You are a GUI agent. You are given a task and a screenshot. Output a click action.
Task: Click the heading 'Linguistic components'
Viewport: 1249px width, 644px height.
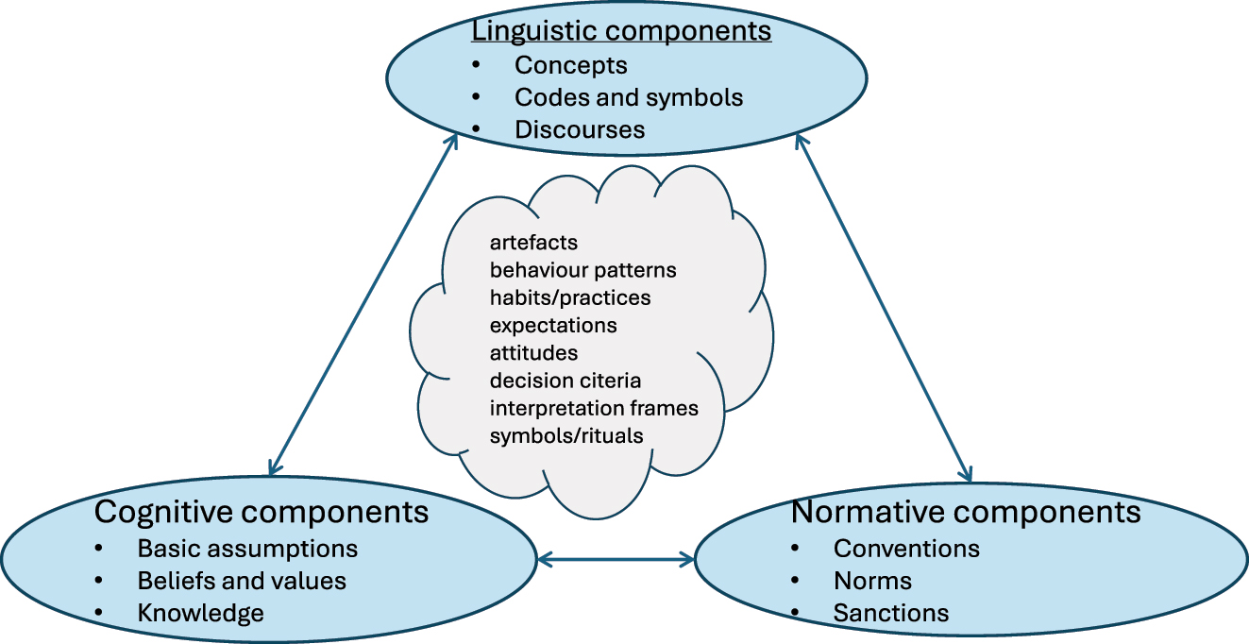[621, 30]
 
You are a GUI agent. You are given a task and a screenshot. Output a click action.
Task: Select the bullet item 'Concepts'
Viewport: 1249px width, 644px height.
[570, 65]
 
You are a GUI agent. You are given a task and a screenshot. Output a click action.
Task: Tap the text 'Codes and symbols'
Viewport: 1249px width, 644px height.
[628, 97]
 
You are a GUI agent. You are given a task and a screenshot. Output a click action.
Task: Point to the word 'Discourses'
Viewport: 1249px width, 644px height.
[579, 129]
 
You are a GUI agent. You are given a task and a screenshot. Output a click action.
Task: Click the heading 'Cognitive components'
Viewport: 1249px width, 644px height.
[262, 512]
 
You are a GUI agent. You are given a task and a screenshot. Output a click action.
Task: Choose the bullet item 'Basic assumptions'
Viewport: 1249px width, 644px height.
[247, 549]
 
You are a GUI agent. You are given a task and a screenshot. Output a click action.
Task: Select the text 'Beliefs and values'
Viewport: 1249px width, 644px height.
[242, 581]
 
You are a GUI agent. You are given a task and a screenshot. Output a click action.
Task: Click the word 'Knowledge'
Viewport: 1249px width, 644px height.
[200, 613]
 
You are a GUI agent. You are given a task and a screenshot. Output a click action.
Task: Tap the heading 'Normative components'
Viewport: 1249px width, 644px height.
[966, 512]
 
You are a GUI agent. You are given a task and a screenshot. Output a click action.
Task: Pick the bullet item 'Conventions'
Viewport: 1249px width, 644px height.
[906, 549]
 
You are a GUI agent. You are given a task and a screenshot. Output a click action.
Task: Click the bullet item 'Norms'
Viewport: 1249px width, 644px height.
[872, 581]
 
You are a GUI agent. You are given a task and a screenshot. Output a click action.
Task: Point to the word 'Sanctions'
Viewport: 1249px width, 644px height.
[890, 614]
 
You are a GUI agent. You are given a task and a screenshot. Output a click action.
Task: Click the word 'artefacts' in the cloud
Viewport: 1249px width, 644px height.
[533, 243]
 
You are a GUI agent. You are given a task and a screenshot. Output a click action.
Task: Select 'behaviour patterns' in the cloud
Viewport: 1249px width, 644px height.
[582, 270]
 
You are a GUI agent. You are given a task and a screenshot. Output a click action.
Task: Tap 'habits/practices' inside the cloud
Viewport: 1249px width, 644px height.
[569, 297]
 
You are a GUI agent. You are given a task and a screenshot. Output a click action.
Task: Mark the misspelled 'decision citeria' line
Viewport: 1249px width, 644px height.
[565, 381]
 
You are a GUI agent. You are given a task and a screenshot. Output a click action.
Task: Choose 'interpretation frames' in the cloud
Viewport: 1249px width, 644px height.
[593, 408]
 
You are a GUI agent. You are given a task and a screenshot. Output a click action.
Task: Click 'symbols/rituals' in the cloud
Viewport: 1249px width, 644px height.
[566, 435]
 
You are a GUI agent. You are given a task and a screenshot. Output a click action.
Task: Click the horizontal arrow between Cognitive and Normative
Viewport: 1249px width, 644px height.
[616, 560]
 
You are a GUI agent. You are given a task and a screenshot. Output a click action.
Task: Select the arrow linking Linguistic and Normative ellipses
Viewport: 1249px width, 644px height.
[883, 307]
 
